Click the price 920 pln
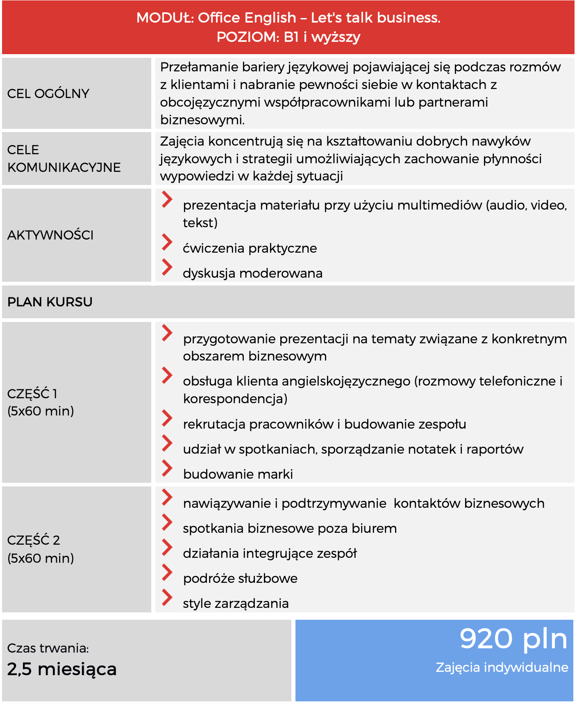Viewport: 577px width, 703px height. point(513,639)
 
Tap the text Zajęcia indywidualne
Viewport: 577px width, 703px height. point(502,667)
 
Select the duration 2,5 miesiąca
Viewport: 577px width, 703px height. point(62,669)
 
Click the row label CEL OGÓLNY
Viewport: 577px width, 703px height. point(48,94)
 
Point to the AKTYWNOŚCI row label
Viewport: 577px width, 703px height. point(50,235)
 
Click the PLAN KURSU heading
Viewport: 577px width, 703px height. point(50,302)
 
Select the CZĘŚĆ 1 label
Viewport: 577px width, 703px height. point(32,394)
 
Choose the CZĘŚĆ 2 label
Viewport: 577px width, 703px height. point(34,540)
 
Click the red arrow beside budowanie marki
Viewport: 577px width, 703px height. point(167,468)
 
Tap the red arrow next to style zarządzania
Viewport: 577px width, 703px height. point(167,597)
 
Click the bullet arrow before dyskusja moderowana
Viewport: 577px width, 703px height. point(167,267)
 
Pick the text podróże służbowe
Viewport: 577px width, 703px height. point(240,578)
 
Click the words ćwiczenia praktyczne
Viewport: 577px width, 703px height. point(250,248)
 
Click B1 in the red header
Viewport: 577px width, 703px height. point(291,37)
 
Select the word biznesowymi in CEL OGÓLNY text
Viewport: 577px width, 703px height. point(202,120)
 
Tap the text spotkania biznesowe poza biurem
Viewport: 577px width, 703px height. point(290,528)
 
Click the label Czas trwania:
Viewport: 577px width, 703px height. point(48,648)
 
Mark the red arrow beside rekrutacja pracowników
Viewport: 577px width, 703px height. point(167,418)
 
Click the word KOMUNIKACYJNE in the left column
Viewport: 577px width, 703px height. point(64,167)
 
